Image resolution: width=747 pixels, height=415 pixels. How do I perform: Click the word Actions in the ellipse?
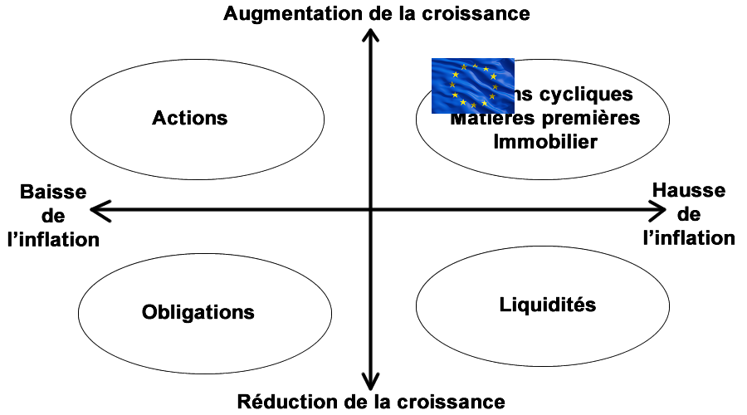click(x=189, y=118)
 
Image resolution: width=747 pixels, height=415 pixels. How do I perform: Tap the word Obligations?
click(x=198, y=313)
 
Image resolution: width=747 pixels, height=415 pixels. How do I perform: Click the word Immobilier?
click(x=545, y=141)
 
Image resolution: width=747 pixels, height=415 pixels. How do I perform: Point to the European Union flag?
click(x=473, y=85)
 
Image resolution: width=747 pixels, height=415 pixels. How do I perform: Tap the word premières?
click(x=593, y=118)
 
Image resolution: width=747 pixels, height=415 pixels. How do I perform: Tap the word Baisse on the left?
click(x=53, y=193)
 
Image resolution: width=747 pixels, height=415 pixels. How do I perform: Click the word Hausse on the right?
click(x=688, y=191)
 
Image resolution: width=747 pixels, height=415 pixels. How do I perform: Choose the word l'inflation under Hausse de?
click(x=689, y=238)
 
